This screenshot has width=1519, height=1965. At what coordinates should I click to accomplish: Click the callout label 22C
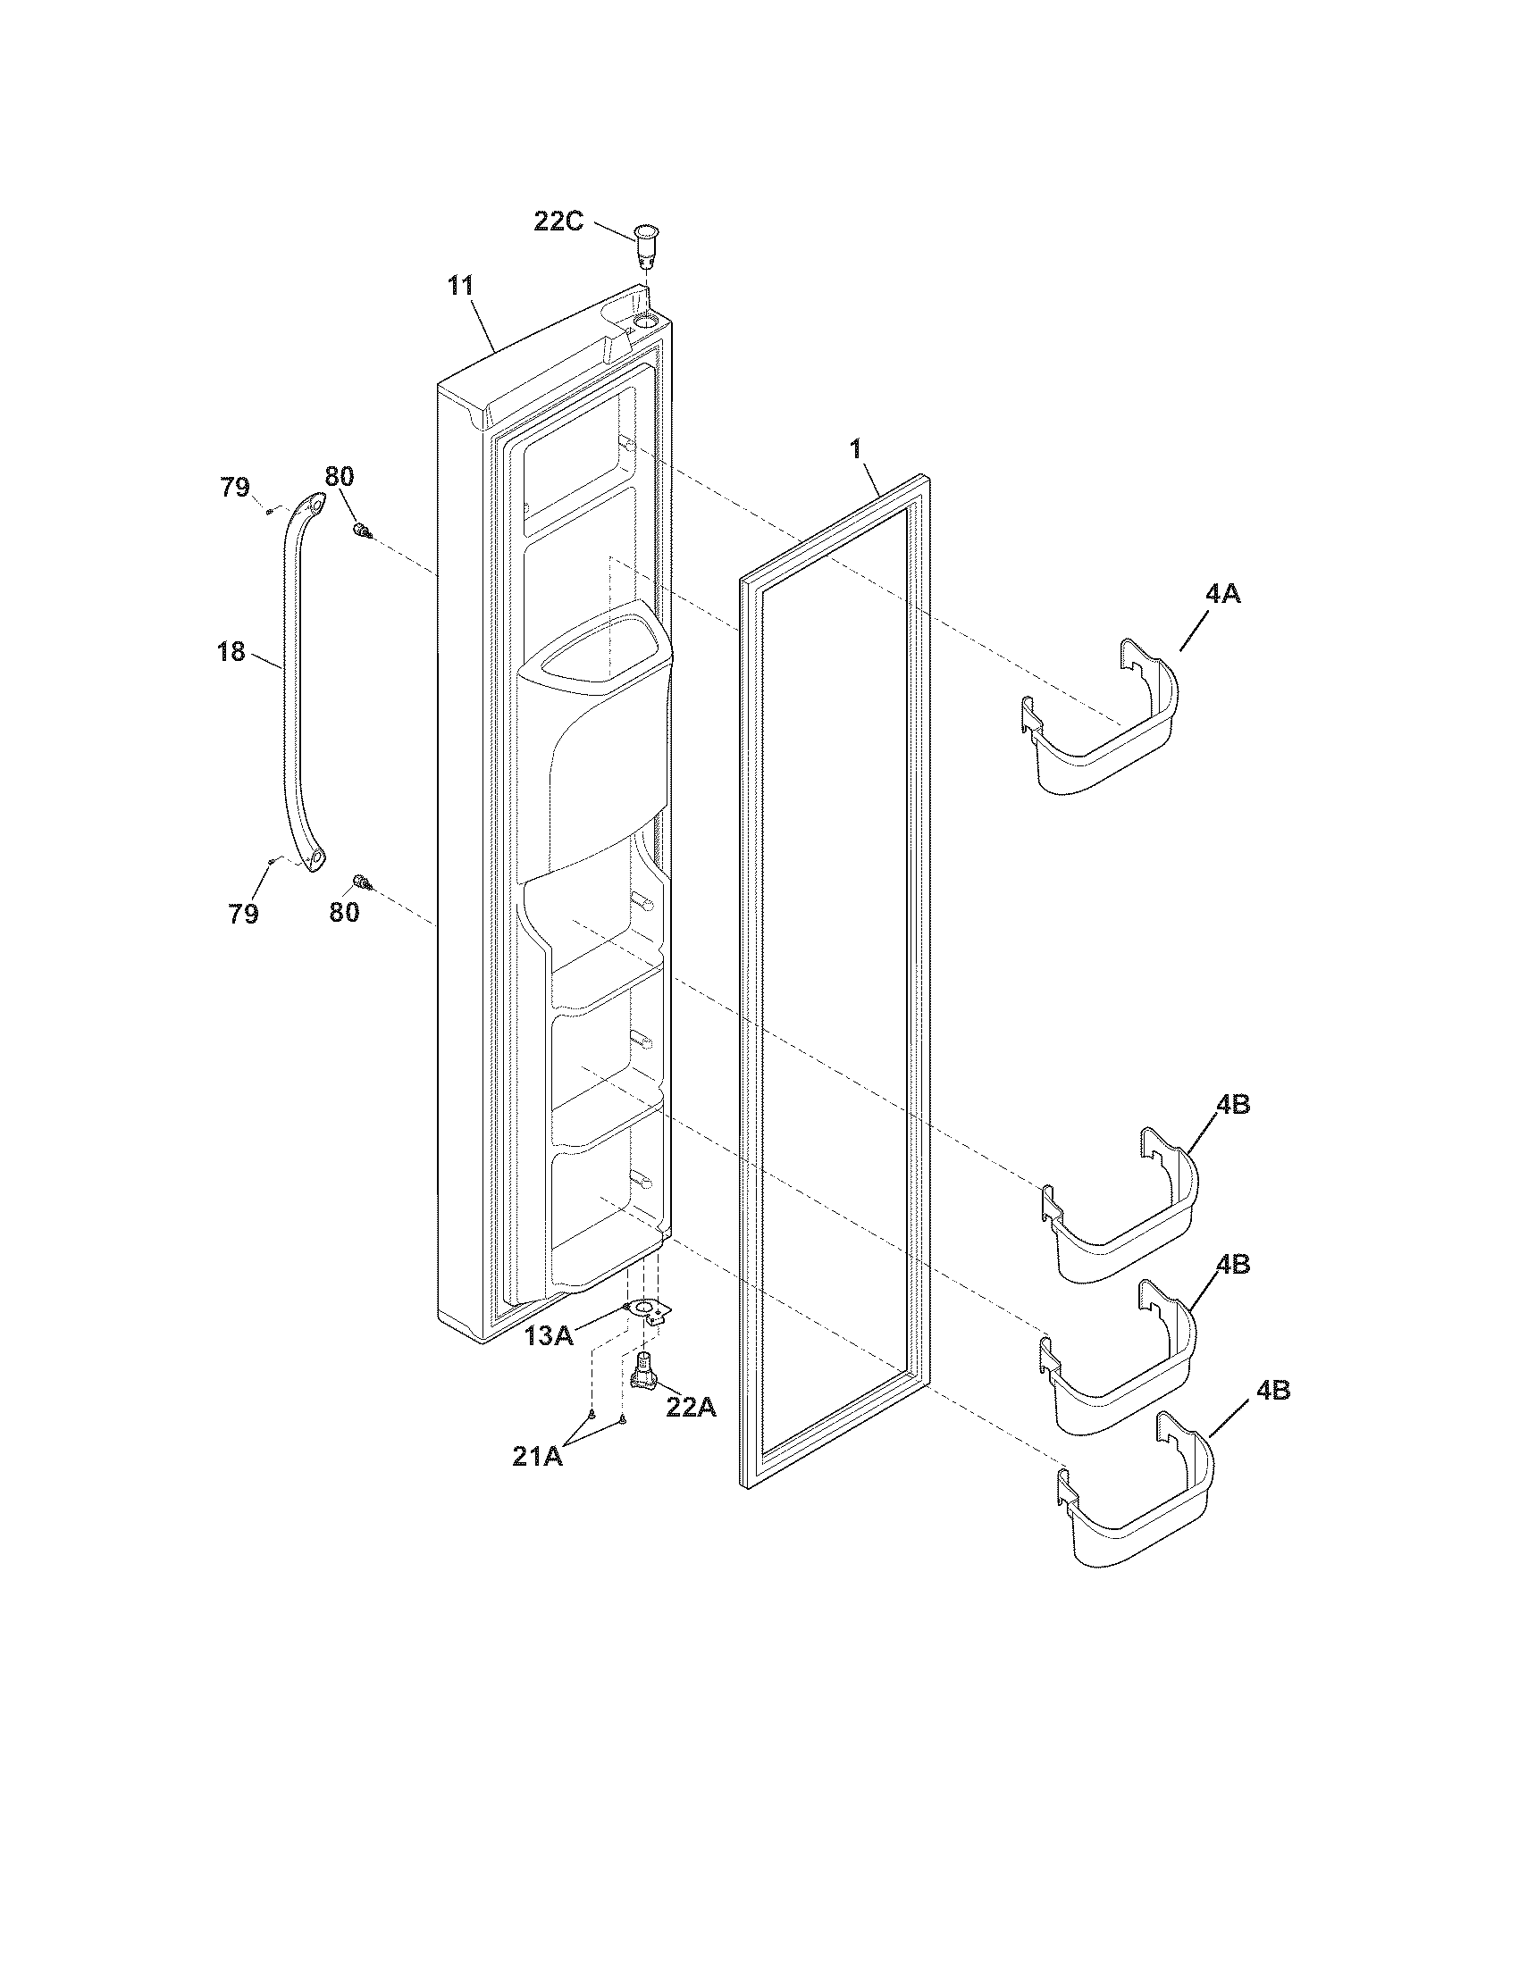(558, 221)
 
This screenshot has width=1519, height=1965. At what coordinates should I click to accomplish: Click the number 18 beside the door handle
(231, 651)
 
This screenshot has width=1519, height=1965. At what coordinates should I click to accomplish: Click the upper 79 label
(235, 487)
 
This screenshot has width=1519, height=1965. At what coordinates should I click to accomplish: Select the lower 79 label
(243, 913)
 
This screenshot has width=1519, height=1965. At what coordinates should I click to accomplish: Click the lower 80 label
(344, 912)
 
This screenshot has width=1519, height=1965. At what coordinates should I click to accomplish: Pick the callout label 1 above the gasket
(856, 450)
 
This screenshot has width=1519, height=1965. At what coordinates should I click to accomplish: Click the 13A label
(550, 1336)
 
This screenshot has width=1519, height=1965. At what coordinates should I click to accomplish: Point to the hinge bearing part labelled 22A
(644, 1370)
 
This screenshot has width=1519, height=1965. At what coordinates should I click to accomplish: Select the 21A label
(537, 1456)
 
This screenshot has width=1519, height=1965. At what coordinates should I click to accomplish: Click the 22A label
(691, 1406)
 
